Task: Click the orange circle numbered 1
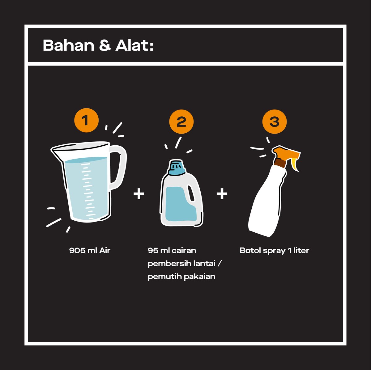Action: pos(87,120)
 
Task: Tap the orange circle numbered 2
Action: pos(181,122)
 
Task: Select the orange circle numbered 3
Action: pos(275,122)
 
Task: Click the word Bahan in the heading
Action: pos(69,46)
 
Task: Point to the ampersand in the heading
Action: pos(105,46)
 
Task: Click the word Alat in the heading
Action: pos(132,46)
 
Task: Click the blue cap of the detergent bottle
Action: pos(177,167)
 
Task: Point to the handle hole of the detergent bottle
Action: pos(191,193)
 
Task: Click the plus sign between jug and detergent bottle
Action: pos(139,194)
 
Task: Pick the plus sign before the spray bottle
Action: pos(222,194)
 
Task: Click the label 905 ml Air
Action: pos(90,251)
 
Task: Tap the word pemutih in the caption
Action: pos(164,277)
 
